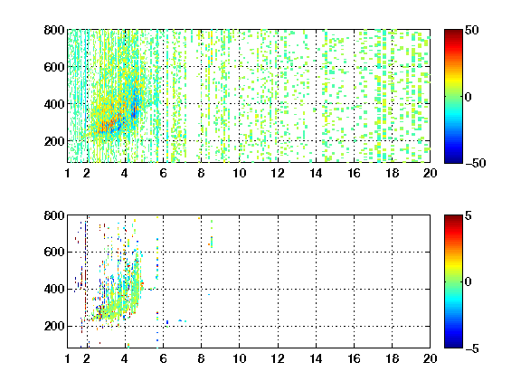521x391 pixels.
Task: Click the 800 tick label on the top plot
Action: [x=54, y=30]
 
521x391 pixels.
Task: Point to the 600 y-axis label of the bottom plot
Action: [x=54, y=252]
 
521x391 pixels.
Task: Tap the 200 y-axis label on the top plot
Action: [x=54, y=141]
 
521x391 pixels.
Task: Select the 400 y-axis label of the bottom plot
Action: [x=54, y=289]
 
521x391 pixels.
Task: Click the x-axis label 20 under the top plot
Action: [x=430, y=173]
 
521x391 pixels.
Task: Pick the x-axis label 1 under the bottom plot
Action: [x=68, y=358]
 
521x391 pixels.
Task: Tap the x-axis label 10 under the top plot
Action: [x=239, y=173]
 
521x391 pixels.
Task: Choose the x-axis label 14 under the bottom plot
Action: [x=316, y=358]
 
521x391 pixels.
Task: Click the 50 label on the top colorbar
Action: [x=472, y=30]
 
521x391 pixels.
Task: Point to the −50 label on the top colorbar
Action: [x=476, y=163]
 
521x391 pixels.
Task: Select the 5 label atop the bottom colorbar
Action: [x=469, y=215]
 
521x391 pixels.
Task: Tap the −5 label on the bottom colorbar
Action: [x=472, y=348]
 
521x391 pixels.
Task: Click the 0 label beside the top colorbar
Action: [x=469, y=97]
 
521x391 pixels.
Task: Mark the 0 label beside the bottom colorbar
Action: [x=469, y=282]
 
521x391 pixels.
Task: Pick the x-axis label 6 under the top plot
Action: [x=163, y=173]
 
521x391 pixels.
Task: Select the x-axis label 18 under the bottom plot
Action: [x=392, y=358]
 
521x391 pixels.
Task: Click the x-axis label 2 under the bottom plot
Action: [x=87, y=358]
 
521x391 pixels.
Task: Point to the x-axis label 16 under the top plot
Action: [x=354, y=173]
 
